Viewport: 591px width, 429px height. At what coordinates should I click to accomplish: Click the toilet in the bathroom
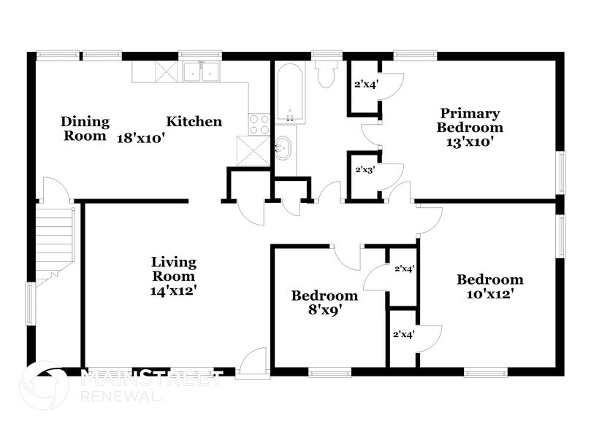(325, 73)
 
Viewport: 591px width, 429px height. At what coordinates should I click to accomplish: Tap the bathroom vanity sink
(284, 149)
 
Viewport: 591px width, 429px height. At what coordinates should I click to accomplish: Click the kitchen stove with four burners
(259, 124)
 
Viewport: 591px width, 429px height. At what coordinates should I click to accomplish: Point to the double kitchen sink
(200, 71)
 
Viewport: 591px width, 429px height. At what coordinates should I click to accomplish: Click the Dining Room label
(85, 128)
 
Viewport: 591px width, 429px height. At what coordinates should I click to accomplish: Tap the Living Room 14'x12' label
(173, 276)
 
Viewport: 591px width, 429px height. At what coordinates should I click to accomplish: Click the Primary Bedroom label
(470, 128)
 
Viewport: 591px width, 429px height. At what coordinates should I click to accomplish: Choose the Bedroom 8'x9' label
(324, 302)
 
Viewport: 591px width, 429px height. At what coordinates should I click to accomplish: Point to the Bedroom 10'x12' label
(489, 286)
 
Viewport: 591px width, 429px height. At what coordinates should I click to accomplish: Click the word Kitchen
(194, 121)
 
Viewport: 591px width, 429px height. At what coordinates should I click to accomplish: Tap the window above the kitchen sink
(200, 54)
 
